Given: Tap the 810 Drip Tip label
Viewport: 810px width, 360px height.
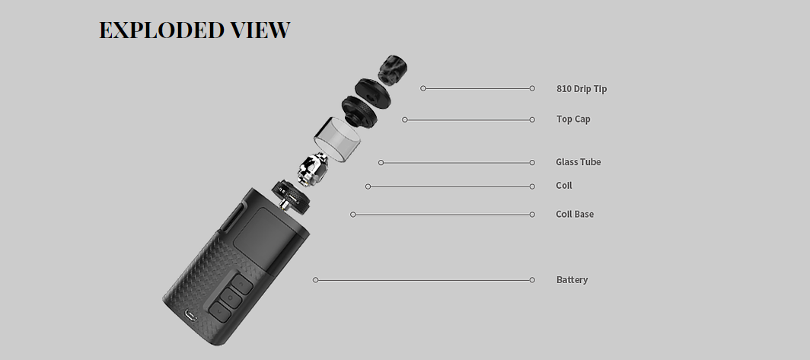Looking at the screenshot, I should pos(582,89).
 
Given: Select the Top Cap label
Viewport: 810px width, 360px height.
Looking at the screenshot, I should pos(573,119).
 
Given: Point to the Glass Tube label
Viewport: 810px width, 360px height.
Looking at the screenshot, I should pos(579,162).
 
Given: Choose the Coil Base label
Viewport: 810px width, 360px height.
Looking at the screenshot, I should pos(575,215).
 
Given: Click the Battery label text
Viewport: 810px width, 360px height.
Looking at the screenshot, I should pos(572,280).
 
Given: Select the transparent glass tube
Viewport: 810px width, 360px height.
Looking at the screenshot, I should pos(339,140).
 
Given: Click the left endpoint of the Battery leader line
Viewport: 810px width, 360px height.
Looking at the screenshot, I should pos(315,280).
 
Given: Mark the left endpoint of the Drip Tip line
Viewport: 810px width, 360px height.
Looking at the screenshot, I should pos(423,88).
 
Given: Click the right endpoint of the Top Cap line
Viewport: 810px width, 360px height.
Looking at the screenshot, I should pos(532,119).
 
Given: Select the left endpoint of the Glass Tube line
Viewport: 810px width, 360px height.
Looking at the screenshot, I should pos(381,162).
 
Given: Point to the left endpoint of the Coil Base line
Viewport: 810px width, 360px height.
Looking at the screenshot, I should pos(352,215).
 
